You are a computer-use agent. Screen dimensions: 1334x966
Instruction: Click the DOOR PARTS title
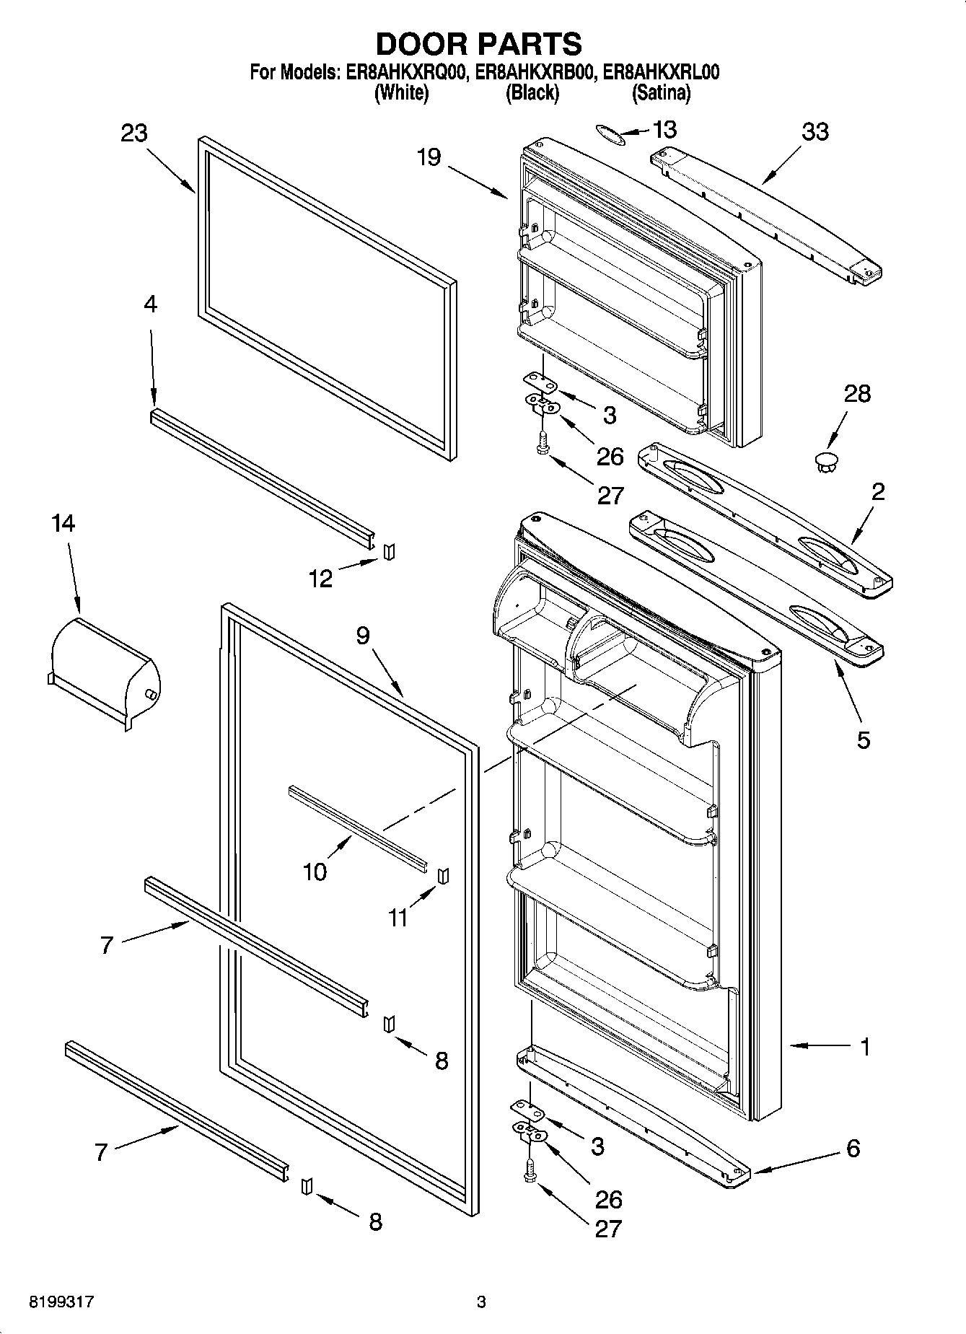[479, 45]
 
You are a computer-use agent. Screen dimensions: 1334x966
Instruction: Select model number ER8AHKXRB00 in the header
[532, 73]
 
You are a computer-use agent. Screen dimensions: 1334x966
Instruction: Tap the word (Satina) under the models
[661, 93]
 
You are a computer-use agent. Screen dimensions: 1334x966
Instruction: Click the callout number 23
[134, 133]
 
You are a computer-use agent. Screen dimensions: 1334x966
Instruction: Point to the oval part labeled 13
[609, 133]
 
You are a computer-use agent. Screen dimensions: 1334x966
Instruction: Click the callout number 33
[815, 132]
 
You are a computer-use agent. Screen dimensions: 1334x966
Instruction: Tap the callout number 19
[429, 157]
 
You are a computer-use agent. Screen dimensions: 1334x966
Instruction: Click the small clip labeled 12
[390, 553]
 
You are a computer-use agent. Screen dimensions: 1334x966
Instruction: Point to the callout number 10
[315, 872]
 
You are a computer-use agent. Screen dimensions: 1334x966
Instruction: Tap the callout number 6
[853, 1148]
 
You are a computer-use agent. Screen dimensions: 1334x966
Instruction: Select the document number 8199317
[61, 1302]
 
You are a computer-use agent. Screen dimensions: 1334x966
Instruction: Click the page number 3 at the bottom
[481, 1302]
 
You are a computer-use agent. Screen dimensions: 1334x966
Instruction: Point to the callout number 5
[864, 740]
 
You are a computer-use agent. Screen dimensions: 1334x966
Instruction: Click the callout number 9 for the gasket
[363, 636]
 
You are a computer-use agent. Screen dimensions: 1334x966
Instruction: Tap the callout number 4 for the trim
[150, 304]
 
